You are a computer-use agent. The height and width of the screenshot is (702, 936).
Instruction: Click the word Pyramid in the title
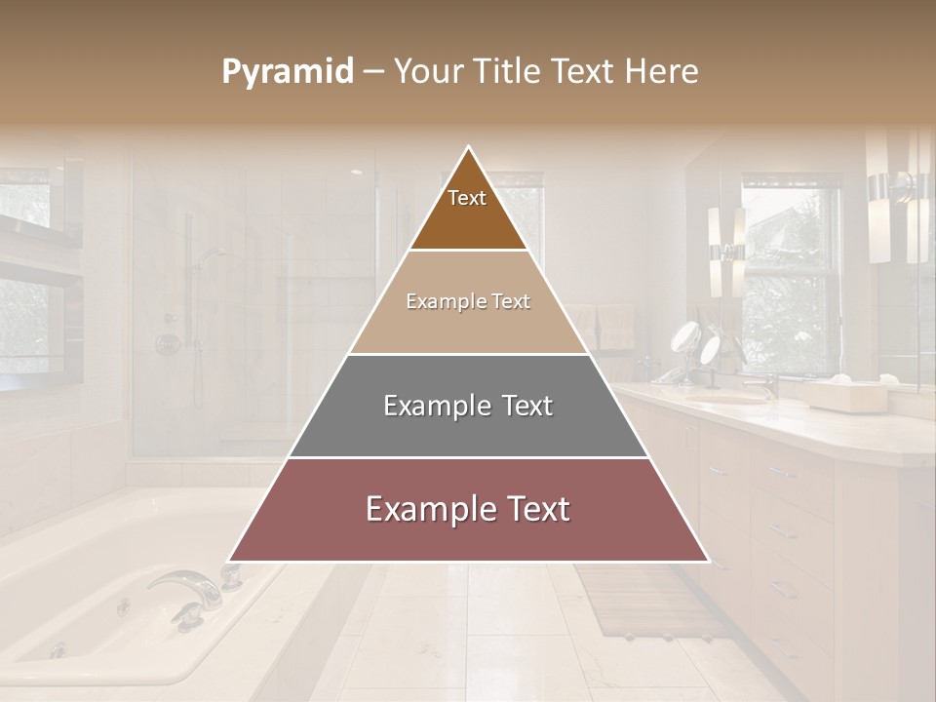(288, 72)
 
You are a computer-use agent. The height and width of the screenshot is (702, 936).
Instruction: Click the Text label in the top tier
(467, 198)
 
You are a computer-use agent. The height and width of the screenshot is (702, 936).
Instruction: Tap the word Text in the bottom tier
(532, 509)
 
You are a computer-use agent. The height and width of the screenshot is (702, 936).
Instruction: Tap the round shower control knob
(168, 344)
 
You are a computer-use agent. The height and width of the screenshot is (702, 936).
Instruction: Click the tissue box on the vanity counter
(843, 395)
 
